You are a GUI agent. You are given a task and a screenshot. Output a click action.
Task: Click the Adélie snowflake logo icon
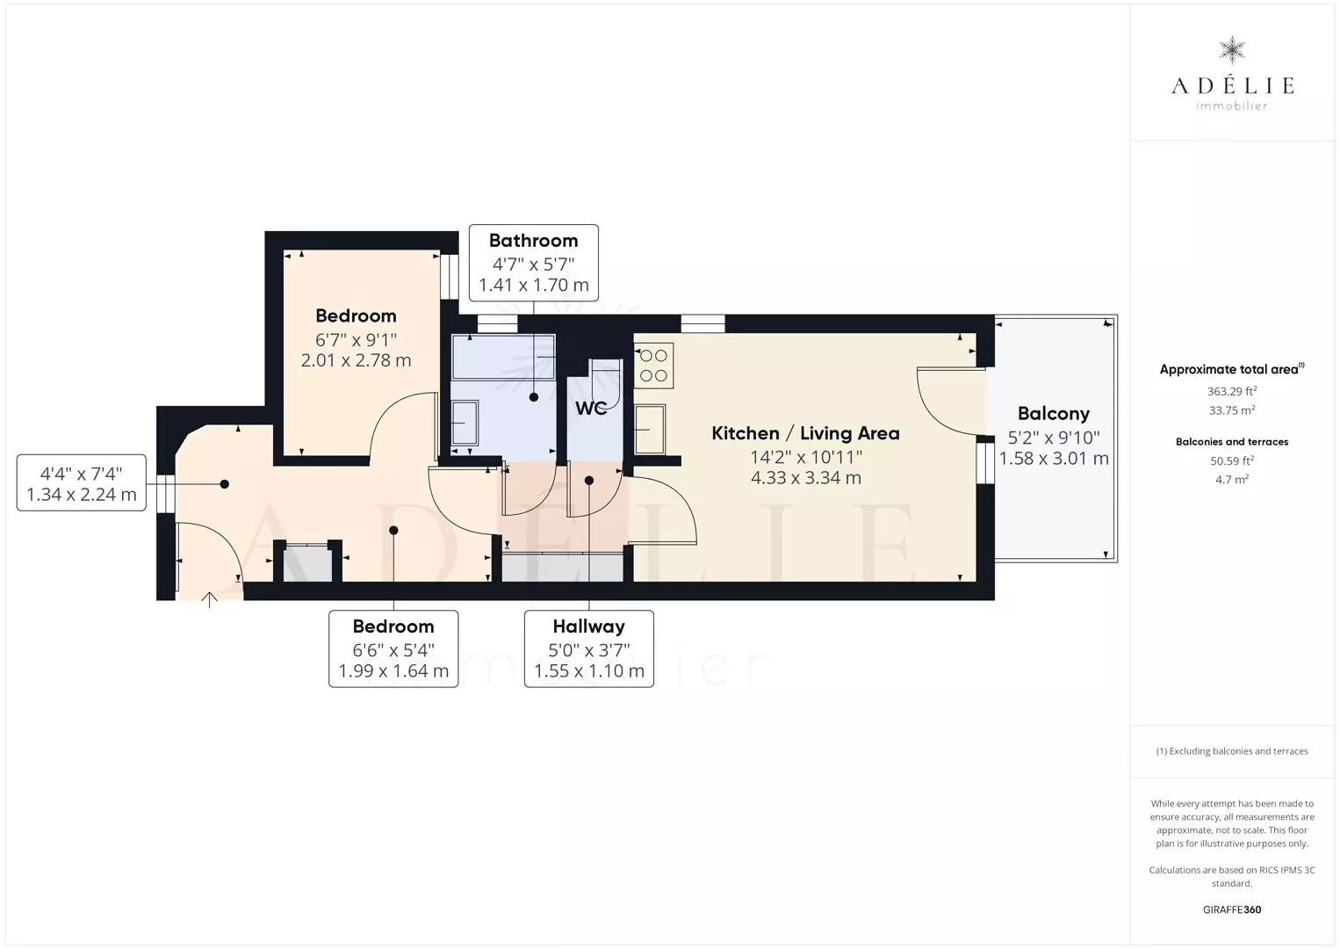coord(1232,50)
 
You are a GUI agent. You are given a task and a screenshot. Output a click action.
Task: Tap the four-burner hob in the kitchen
coord(653,366)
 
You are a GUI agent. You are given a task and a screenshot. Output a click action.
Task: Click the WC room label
coord(591,409)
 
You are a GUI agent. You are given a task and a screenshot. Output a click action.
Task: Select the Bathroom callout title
coord(534,241)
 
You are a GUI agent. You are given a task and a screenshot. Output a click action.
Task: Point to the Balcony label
coord(1054,414)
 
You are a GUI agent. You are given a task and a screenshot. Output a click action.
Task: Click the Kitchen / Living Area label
coord(805,433)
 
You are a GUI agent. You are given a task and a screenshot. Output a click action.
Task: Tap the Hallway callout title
coord(588,627)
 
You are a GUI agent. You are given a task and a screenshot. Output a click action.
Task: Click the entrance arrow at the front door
coord(209,599)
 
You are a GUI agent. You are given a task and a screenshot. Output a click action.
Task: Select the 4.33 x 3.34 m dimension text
coord(806,478)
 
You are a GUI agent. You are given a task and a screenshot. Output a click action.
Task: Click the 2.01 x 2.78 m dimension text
coord(356,360)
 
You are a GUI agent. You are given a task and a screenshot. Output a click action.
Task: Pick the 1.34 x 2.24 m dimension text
coord(82,495)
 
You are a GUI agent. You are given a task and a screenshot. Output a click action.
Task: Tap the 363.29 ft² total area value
coord(1232,392)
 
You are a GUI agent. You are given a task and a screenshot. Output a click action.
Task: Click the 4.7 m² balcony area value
coord(1232,480)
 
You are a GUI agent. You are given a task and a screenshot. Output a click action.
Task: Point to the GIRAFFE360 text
coord(1232,909)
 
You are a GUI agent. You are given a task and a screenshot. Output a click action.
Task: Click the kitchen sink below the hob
coord(650,430)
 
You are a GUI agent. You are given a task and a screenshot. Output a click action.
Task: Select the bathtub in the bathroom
coord(504,357)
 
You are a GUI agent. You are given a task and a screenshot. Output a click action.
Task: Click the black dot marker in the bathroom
coord(534,397)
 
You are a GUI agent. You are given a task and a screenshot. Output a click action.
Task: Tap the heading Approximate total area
coord(1232,369)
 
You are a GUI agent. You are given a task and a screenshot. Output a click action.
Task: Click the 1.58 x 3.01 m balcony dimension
coord(1054,459)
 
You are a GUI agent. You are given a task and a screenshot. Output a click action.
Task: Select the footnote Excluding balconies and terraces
coord(1232,750)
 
